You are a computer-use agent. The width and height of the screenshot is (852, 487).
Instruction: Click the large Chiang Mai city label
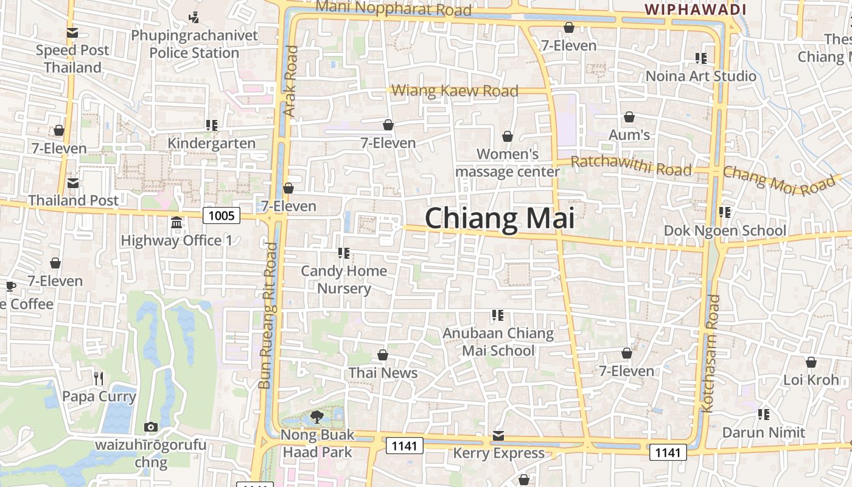499,218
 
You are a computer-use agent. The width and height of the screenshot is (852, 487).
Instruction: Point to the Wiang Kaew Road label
455,91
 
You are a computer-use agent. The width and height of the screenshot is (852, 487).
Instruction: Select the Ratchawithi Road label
631,166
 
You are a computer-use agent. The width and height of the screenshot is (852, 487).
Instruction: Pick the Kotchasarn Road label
710,353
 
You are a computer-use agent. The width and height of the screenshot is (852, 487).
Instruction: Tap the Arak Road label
291,81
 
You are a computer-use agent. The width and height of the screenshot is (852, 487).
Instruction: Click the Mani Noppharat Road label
394,9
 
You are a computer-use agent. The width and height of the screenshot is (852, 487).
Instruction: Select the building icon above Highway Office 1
176,222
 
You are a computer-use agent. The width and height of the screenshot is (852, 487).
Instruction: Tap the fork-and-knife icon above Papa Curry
99,379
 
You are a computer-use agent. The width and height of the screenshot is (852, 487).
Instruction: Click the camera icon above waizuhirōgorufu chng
151,427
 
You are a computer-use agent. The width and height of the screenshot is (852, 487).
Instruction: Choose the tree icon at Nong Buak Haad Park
316,417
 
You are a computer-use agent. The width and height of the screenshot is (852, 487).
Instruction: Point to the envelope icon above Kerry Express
498,435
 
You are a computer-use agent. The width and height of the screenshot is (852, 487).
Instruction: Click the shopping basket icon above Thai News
383,355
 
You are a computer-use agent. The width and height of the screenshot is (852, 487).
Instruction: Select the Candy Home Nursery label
344,279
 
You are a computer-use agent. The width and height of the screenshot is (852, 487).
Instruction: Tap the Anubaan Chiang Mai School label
498,342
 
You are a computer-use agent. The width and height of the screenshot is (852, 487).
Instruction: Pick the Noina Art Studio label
700,76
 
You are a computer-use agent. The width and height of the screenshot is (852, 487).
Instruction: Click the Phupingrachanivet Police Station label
195,44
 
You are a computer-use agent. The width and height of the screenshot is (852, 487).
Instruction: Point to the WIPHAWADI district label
695,9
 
